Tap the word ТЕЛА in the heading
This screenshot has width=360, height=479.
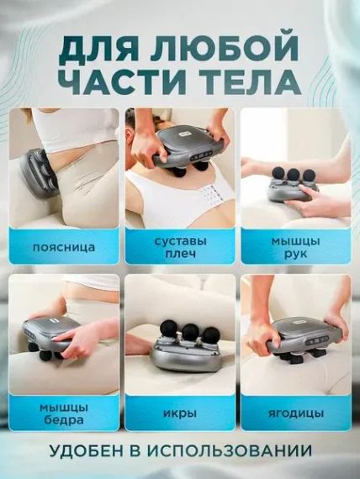click(x=254, y=81)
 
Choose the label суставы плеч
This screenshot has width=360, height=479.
click(x=180, y=248)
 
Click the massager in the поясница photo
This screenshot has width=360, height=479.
click(x=38, y=172)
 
